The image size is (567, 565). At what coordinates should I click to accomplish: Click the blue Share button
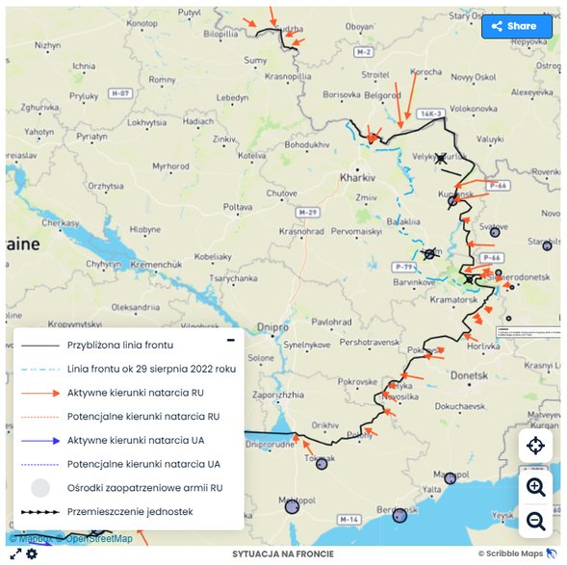[516, 26]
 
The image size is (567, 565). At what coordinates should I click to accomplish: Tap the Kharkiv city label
[356, 177]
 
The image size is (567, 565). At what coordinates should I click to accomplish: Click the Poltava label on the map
[238, 207]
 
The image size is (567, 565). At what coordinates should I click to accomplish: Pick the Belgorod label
[380, 95]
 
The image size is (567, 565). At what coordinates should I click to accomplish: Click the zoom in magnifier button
[535, 486]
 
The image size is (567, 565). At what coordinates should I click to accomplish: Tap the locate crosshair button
[535, 446]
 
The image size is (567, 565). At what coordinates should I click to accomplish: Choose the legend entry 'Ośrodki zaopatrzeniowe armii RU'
[143, 487]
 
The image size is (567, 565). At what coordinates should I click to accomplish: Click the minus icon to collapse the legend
[230, 340]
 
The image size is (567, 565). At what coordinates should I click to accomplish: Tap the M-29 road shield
[307, 211]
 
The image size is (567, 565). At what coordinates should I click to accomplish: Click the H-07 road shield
[119, 93]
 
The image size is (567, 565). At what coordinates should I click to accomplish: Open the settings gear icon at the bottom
[32, 554]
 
